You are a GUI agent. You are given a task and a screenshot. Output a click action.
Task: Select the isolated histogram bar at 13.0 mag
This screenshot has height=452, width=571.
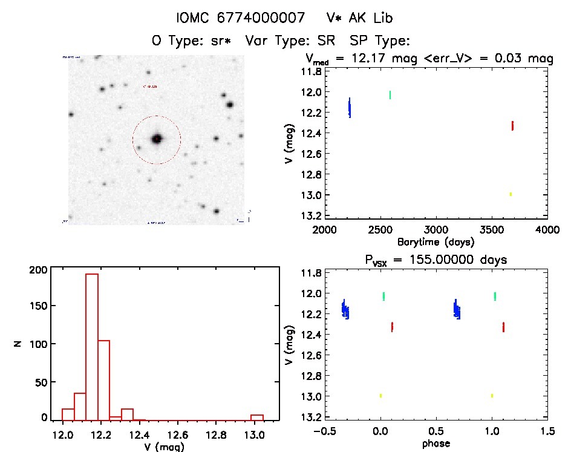pyautogui.click(x=257, y=417)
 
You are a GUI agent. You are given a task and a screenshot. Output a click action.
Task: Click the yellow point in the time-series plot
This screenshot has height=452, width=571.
pyautogui.click(x=511, y=194)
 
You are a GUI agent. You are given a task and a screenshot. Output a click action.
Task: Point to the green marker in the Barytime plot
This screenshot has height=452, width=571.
pyautogui.click(x=390, y=94)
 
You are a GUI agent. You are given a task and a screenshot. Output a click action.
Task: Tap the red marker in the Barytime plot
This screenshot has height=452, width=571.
pyautogui.click(x=512, y=125)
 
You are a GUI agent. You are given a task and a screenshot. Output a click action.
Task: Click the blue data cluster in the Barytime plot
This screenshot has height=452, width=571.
pyautogui.click(x=350, y=108)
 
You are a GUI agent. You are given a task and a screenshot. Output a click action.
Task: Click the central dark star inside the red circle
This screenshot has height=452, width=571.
pyautogui.click(x=157, y=139)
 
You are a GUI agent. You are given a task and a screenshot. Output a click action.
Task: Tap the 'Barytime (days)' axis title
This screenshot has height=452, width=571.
pyautogui.click(x=436, y=241)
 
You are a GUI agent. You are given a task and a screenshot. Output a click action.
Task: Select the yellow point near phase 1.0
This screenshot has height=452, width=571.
pyautogui.click(x=492, y=395)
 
